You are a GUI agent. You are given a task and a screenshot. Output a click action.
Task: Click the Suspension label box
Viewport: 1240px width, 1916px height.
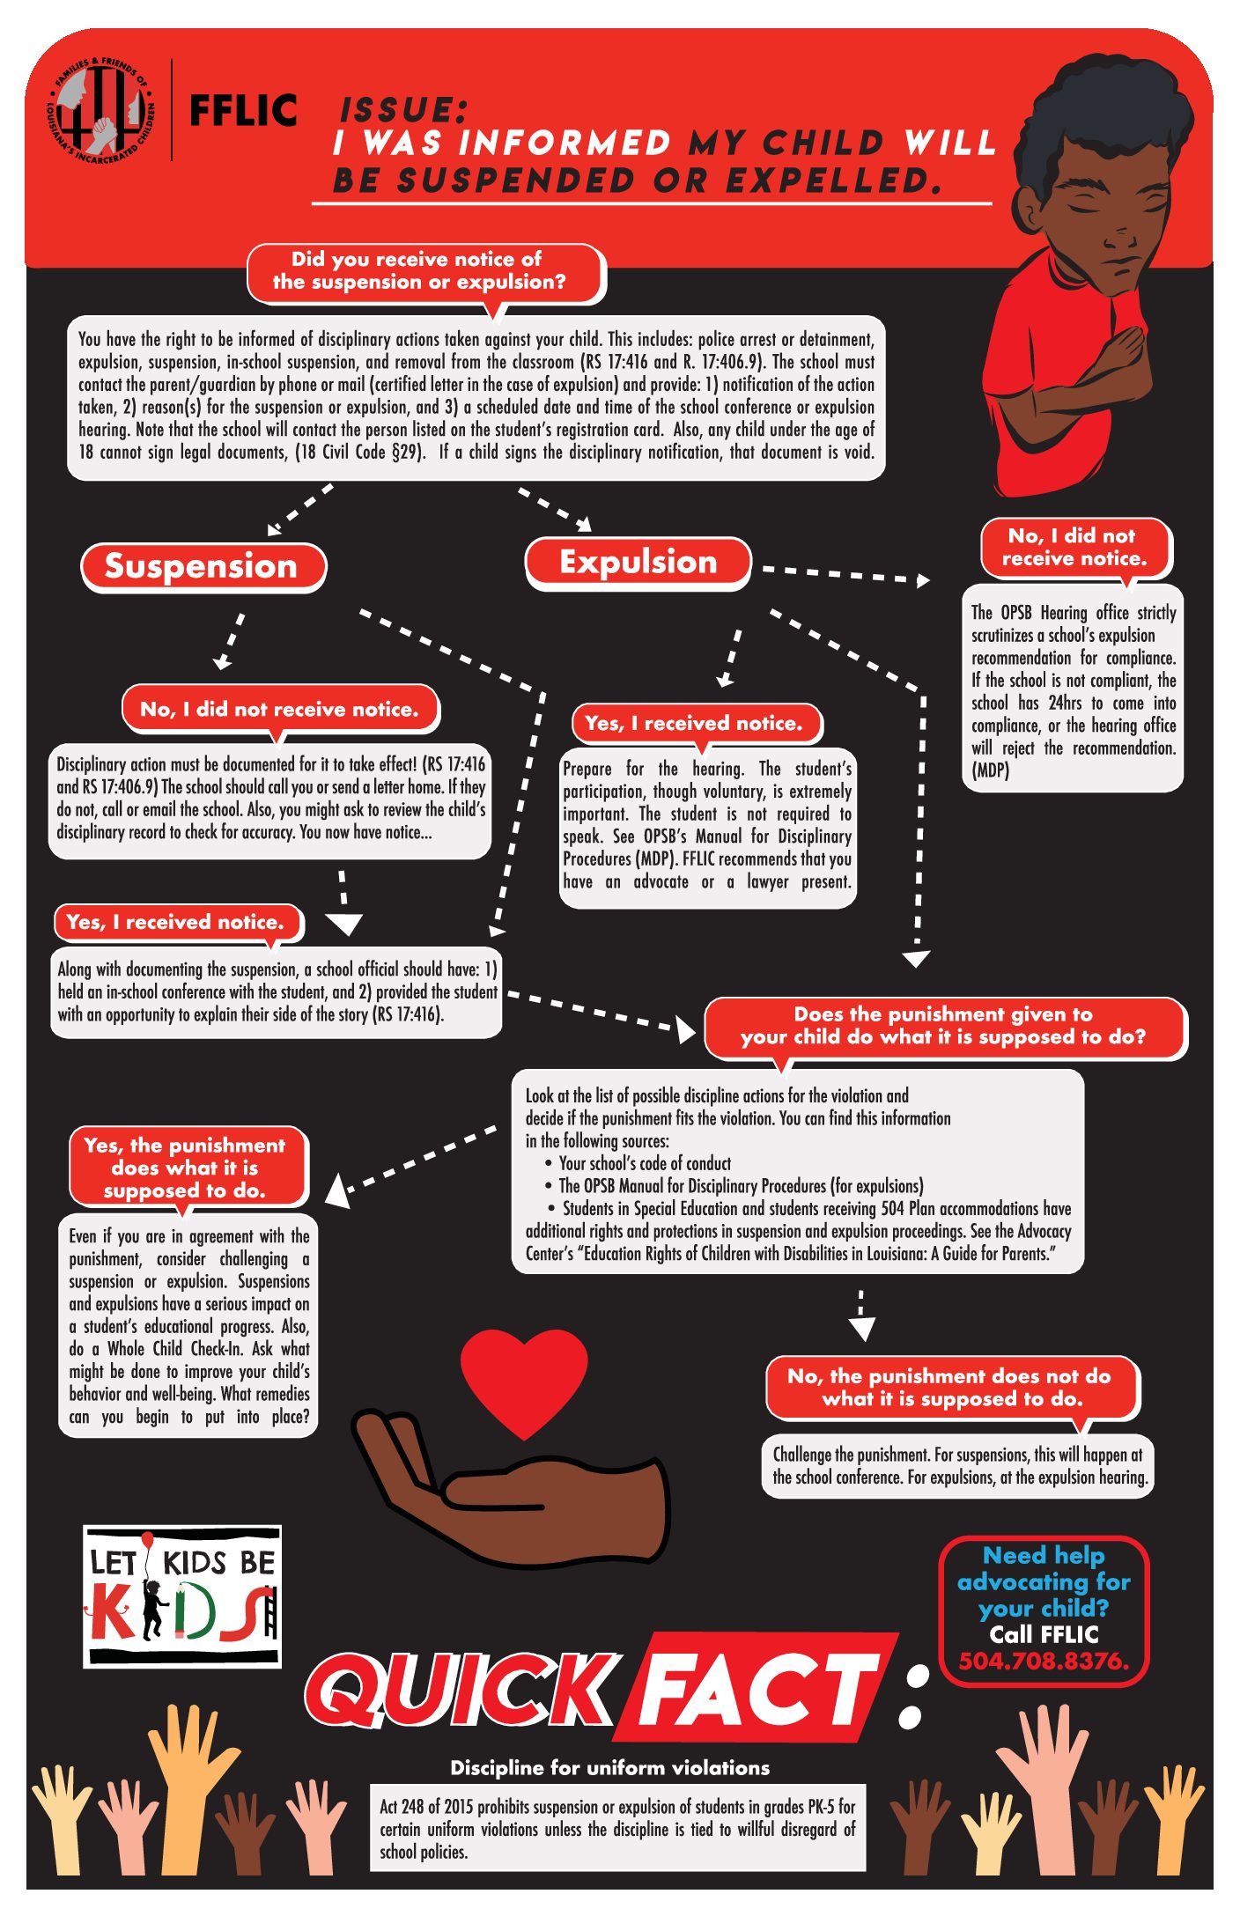point(203,566)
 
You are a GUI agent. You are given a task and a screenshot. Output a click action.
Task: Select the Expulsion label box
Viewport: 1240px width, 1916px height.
point(638,562)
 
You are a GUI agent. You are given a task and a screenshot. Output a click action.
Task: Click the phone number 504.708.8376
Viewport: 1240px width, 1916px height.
point(1044,1661)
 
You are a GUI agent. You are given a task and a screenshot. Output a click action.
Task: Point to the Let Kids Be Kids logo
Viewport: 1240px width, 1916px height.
point(182,1596)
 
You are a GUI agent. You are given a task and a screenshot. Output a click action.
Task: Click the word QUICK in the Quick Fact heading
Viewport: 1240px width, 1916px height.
point(462,1688)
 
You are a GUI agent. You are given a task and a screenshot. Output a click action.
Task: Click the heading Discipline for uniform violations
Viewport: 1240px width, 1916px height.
point(609,1767)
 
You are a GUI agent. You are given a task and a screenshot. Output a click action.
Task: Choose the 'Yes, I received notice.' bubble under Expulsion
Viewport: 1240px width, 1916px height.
point(696,723)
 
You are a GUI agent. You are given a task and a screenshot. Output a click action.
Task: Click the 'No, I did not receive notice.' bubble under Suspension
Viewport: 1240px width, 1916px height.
point(279,709)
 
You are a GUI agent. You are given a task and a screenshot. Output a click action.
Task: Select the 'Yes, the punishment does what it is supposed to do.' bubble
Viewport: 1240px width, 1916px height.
point(188,1168)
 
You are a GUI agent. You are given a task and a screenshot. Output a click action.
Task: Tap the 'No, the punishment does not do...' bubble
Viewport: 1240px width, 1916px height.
point(951,1388)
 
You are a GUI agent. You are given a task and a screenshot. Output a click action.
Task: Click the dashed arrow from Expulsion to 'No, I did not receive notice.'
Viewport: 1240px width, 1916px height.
point(845,574)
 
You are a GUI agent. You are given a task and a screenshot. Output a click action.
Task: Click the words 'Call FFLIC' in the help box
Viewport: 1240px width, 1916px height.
point(1044,1634)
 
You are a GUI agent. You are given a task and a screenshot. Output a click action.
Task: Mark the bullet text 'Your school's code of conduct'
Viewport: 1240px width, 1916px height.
point(645,1163)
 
